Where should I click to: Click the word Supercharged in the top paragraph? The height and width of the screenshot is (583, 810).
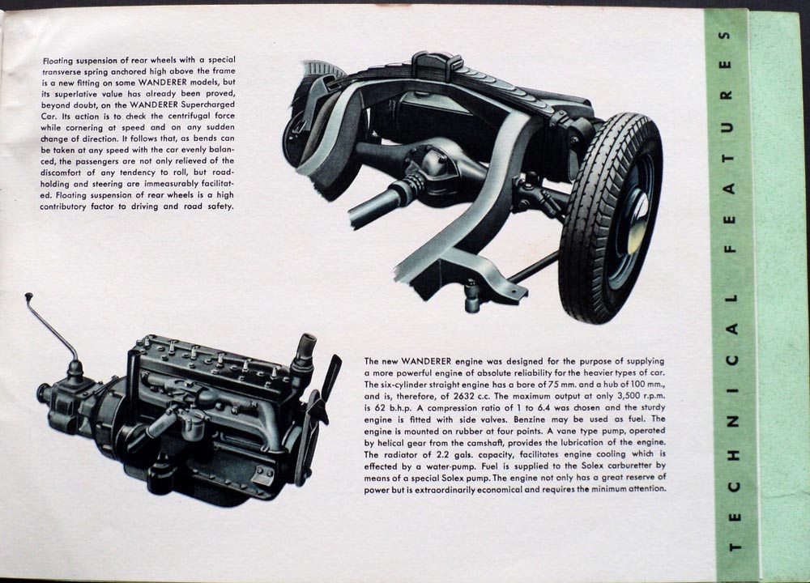211,104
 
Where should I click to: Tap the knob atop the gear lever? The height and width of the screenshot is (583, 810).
28,296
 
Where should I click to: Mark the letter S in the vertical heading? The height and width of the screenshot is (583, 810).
725,36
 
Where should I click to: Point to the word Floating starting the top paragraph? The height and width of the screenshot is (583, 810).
58,61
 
